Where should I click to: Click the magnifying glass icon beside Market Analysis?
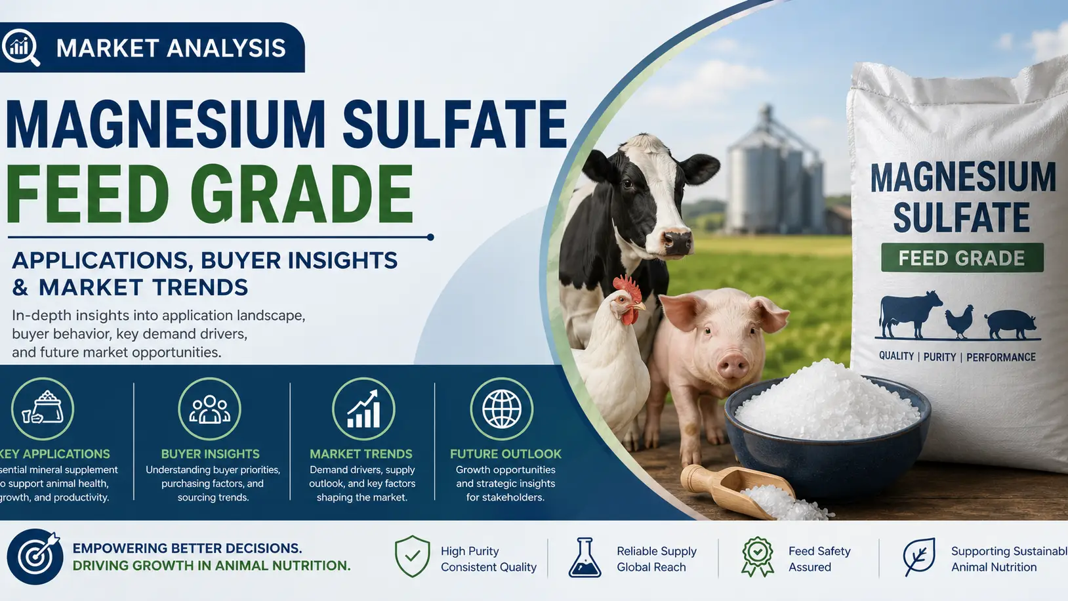[20, 47]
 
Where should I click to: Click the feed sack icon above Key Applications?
[43, 408]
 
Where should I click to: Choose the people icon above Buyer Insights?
[210, 408]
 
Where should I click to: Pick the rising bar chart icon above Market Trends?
[363, 408]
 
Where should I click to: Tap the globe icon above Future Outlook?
[502, 408]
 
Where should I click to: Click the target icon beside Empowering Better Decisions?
[35, 556]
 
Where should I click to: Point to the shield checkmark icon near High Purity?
[413, 556]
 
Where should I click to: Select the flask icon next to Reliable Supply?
[585, 558]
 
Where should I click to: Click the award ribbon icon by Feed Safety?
[757, 557]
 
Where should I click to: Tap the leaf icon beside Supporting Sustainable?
[920, 556]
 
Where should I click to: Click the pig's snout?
[733, 366]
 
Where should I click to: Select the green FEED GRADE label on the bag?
[962, 258]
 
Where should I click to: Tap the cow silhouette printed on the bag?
[910, 314]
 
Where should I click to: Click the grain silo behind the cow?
[775, 172]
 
